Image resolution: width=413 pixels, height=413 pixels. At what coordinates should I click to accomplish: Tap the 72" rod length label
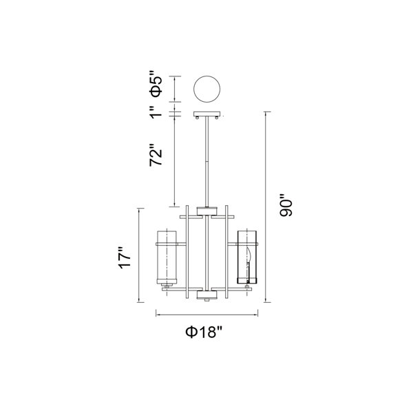[156, 155]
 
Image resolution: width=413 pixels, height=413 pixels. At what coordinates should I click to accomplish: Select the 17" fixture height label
[125, 257]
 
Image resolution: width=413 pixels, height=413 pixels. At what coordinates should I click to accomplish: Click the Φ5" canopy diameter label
[156, 83]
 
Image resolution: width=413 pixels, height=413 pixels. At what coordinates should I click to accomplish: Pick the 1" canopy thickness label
[156, 112]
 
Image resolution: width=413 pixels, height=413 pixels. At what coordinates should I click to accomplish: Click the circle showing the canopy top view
[207, 89]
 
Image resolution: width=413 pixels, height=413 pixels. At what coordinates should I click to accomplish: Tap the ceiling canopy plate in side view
[207, 114]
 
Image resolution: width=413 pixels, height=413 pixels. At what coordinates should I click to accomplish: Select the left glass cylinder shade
[167, 257]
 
